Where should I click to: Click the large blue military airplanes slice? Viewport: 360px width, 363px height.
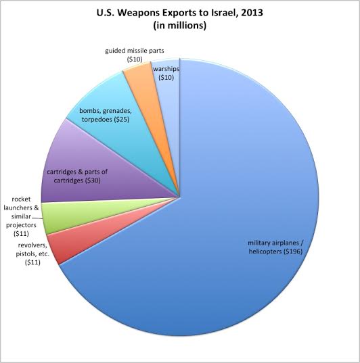click(x=232, y=208)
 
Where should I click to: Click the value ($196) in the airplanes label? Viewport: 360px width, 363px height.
click(x=293, y=251)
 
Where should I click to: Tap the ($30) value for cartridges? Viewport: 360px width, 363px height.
click(x=93, y=180)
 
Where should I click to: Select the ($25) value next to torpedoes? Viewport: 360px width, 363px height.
click(x=122, y=120)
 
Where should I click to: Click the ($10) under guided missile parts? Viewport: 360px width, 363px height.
click(x=135, y=59)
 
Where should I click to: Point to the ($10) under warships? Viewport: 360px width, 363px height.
click(x=166, y=78)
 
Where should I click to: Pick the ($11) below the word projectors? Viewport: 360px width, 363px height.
click(x=21, y=234)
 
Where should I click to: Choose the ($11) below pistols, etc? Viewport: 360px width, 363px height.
click(x=32, y=262)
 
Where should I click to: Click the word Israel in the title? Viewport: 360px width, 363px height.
click(x=221, y=13)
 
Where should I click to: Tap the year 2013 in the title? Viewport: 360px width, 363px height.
click(x=252, y=13)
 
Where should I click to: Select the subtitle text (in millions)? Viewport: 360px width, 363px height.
click(x=179, y=26)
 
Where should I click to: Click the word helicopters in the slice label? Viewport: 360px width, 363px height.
click(x=265, y=251)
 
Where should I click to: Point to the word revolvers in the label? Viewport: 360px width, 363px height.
click(x=32, y=245)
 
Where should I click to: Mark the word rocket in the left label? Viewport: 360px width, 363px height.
click(x=21, y=199)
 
